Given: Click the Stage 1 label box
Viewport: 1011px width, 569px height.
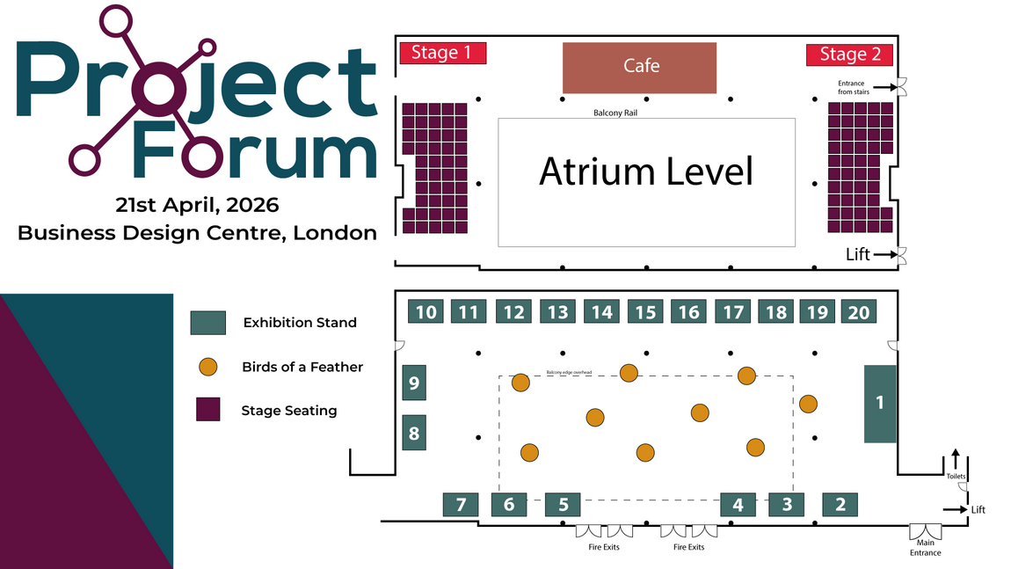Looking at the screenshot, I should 443,53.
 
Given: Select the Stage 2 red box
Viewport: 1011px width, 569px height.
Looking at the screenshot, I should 850,55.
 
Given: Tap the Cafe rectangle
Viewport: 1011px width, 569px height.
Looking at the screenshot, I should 639,67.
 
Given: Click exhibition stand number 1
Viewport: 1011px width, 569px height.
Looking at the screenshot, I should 880,404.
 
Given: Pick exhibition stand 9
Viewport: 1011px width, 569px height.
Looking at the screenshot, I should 414,383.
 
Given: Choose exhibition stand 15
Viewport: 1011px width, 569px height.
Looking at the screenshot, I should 645,311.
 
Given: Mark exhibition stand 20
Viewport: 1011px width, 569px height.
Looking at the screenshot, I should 859,311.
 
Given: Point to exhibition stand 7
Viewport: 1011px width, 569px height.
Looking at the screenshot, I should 461,505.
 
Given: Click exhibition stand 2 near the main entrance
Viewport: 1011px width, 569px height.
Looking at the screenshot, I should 840,505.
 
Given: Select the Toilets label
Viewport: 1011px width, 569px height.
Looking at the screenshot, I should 956,476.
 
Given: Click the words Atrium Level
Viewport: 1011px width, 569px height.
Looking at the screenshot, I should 646,171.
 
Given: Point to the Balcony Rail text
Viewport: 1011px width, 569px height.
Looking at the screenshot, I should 613,113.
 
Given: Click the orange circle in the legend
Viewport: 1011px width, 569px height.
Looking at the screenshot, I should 208,367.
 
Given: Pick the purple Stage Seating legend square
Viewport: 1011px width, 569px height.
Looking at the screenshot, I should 208,410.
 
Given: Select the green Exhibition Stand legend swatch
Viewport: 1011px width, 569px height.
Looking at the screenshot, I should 208,323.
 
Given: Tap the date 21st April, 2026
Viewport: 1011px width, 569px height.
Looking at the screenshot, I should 197,205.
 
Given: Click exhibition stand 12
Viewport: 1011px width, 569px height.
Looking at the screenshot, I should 513,311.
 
